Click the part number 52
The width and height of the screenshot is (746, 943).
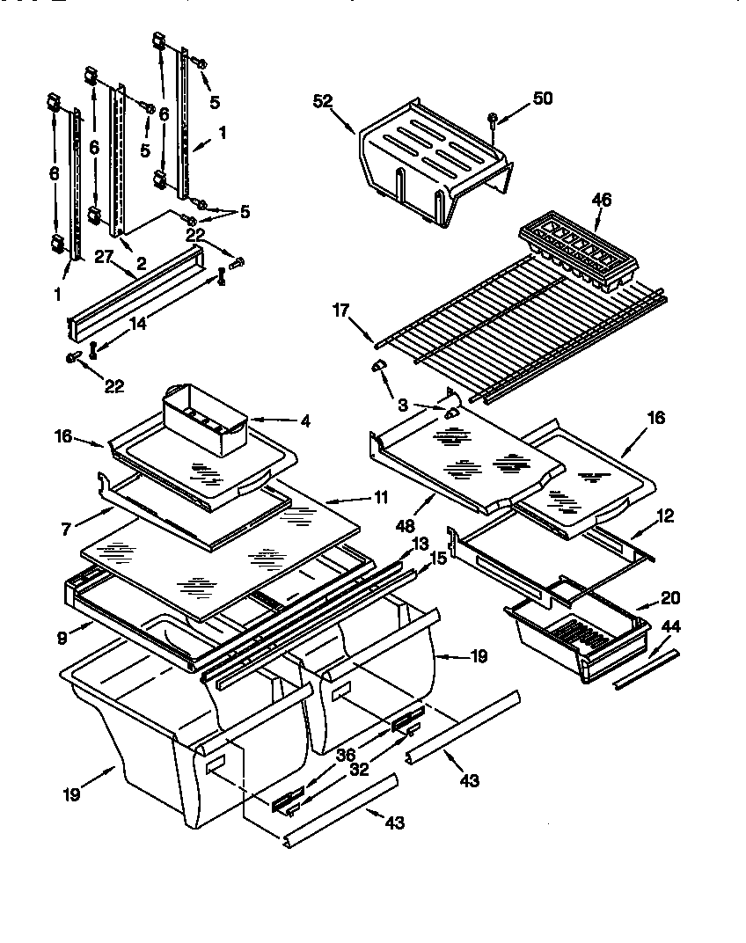322,101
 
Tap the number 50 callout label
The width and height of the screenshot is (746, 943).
543,98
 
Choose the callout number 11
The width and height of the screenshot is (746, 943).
379,497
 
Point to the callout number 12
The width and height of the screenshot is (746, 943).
665,517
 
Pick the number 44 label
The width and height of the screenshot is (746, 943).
671,626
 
